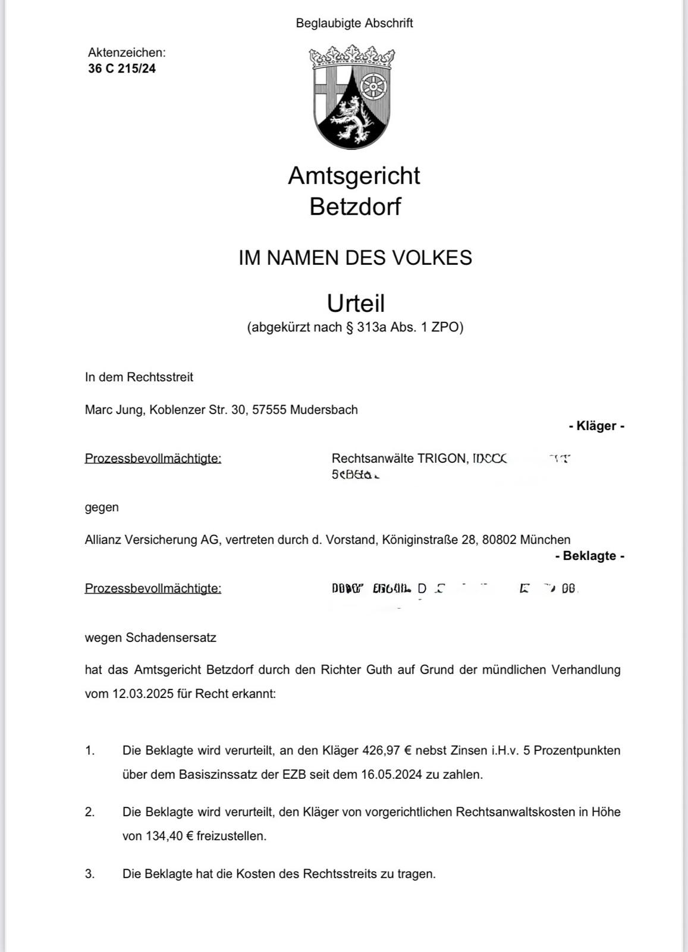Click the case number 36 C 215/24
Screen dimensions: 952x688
click(122, 68)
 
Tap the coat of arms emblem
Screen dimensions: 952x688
click(352, 97)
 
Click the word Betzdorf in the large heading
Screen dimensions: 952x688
click(355, 206)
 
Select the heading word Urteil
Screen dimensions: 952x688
click(356, 303)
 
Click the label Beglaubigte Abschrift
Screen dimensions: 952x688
click(354, 23)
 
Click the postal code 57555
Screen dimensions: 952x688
click(269, 410)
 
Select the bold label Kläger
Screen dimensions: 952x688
click(596, 426)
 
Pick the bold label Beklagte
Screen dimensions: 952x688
click(589, 556)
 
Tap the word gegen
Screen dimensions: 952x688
click(102, 508)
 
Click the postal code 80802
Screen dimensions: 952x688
click(499, 540)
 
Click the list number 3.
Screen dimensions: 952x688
click(90, 874)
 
